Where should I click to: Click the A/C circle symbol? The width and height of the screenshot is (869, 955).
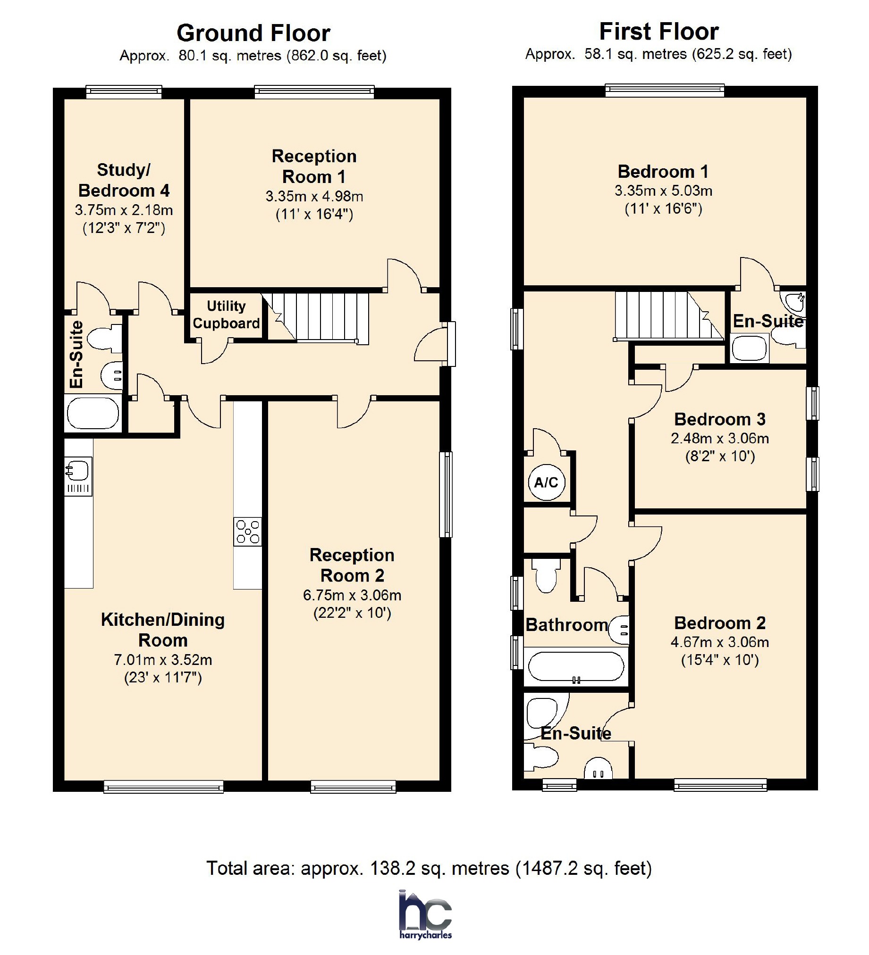point(546,482)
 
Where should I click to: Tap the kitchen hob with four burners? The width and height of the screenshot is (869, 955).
point(247,531)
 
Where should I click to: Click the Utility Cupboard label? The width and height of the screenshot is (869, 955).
point(226,315)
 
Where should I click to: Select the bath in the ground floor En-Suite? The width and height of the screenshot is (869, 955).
point(93,413)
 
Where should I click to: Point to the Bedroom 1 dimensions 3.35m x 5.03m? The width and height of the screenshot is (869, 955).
point(663,191)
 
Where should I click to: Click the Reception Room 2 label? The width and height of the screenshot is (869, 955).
point(352,565)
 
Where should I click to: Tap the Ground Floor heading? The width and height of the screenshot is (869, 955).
point(253,33)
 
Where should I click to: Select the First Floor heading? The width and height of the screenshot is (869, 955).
point(659,32)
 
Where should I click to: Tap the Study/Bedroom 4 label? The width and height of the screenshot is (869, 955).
point(124,180)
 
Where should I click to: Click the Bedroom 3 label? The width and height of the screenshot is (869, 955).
point(720,419)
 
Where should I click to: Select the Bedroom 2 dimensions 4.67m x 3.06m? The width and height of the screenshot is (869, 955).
point(720,642)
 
